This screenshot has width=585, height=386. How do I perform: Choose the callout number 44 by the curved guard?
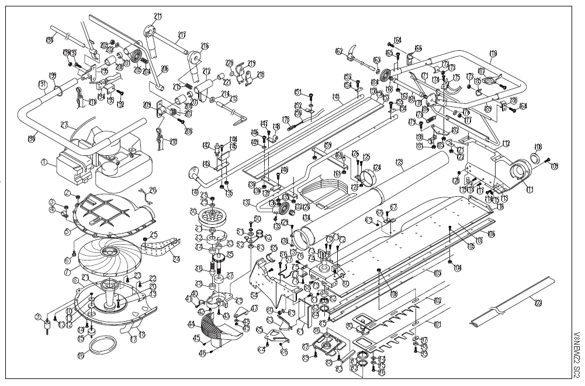tap(191, 323)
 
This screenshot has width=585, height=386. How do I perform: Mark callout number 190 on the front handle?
tap(30, 138)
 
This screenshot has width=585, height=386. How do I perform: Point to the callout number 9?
tap(38, 317)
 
